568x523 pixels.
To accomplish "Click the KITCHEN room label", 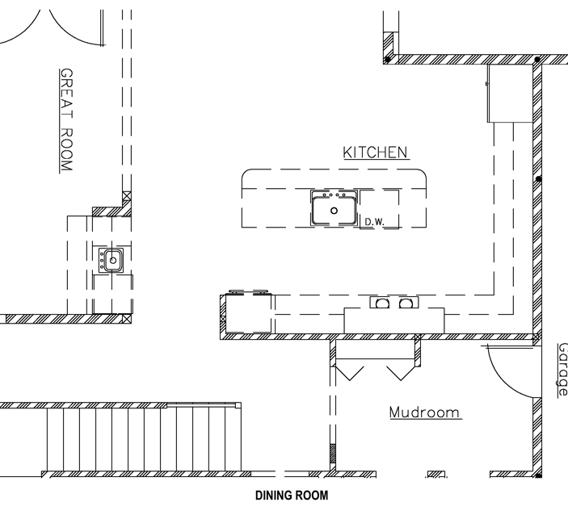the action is pos(375,153).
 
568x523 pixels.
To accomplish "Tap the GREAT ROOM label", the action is pos(66,119).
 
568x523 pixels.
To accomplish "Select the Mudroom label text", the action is pos(424,412).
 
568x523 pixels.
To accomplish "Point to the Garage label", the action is pos(562,369).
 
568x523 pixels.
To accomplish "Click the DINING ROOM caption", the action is pos(292,496).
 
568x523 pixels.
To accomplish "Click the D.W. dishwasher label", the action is pos(374,222).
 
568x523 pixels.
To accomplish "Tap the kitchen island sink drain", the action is pos(334,211).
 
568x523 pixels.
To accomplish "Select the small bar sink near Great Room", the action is pos(111,260).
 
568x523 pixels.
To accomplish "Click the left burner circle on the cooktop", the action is pos(382,303).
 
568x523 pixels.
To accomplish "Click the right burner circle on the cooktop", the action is pos(406,303).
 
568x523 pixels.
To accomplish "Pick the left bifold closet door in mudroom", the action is pos(350,374).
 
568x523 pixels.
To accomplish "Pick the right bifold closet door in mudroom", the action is pos(401,374).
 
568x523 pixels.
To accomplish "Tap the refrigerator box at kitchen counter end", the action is pos(249,313).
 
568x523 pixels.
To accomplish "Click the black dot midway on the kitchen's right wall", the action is pos(539,179).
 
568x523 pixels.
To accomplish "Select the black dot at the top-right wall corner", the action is pos(537,59).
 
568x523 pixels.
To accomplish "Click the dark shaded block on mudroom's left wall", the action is pos(333,454).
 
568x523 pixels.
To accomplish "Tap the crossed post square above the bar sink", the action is pos(126,196).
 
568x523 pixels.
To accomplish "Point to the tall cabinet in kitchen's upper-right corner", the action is pos(510,94).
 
